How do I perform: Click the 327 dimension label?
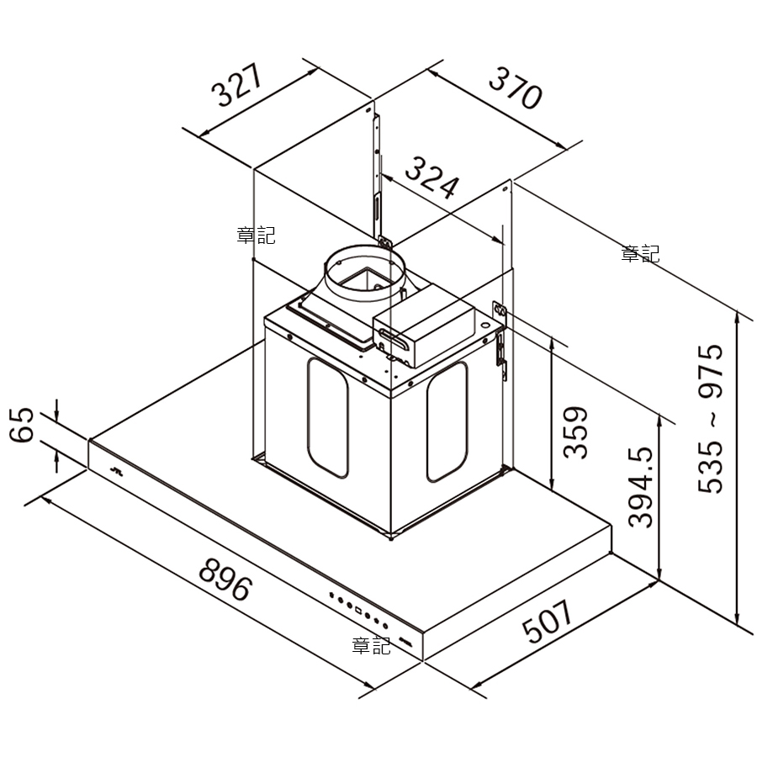237,85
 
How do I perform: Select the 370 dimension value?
516,89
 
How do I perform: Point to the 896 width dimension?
225,579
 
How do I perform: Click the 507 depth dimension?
548,622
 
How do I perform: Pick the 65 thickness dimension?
22,425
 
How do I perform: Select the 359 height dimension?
575,432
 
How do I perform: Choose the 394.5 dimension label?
640,487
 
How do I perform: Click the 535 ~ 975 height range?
711,419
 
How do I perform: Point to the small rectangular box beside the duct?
423,326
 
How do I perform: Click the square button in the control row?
358,611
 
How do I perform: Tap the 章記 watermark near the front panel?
371,645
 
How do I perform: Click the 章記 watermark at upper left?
256,236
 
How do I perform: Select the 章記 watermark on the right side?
640,253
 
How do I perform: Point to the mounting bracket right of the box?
500,341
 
